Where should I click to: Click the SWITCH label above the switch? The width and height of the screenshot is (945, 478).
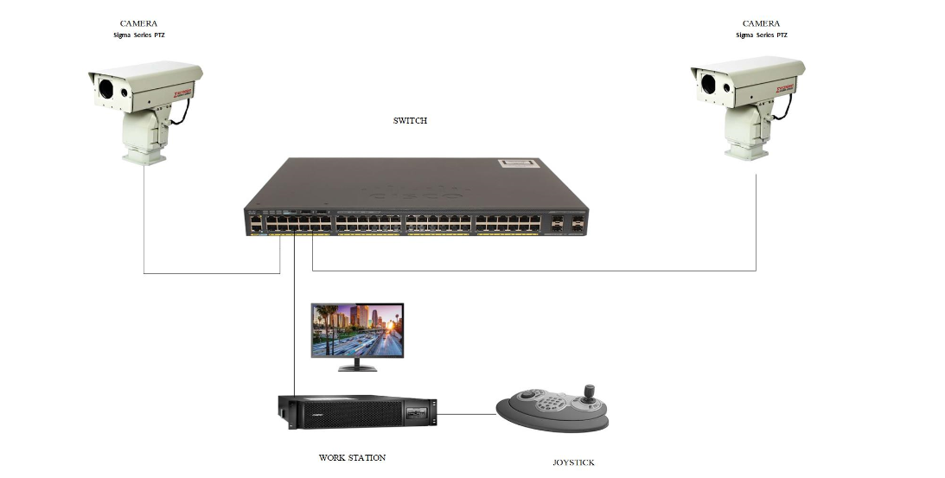(410, 121)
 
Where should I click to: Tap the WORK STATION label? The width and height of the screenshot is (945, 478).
(352, 457)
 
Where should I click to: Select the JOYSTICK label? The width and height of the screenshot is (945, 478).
(573, 462)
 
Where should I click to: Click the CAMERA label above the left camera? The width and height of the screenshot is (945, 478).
(138, 23)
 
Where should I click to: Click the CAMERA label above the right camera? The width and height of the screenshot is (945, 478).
(761, 23)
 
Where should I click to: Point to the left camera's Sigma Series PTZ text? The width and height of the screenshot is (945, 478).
(138, 35)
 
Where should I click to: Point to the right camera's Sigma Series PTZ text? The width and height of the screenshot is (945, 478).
(761, 35)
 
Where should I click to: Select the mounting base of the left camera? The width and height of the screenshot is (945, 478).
(143, 156)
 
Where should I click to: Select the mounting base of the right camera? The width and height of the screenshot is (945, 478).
(746, 151)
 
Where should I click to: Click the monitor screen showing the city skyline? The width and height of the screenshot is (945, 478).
(357, 329)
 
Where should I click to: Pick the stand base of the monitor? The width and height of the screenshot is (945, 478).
(357, 367)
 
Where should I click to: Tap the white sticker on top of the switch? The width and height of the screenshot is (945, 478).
(518, 163)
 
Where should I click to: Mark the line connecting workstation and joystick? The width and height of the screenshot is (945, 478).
(467, 414)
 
